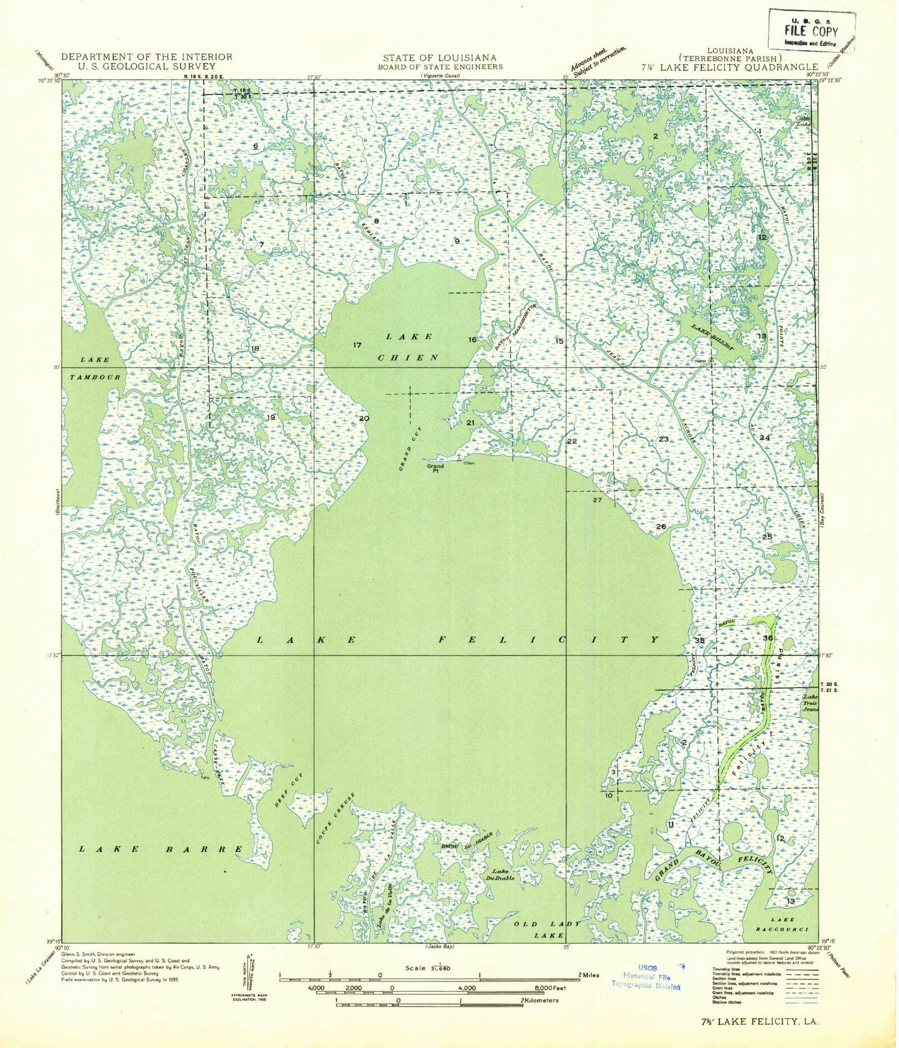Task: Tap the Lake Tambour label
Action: [95, 368]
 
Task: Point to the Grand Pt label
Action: [435, 469]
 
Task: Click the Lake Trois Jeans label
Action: [811, 703]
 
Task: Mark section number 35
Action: [700, 640]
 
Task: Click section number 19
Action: [271, 418]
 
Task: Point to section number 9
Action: [457, 241]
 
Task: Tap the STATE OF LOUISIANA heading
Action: [440, 57]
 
